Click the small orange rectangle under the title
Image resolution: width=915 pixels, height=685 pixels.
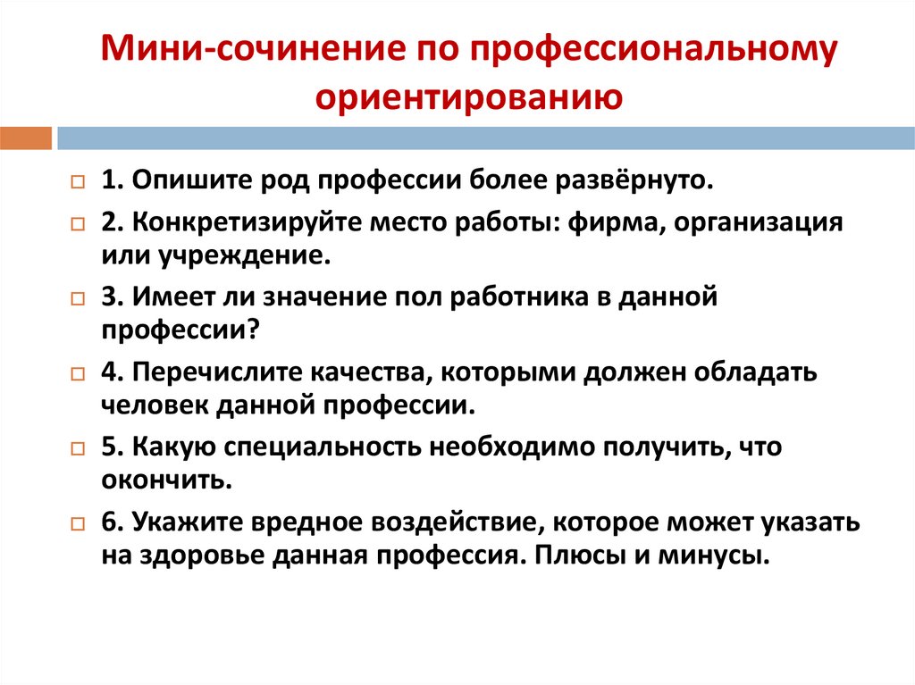click(x=26, y=138)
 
